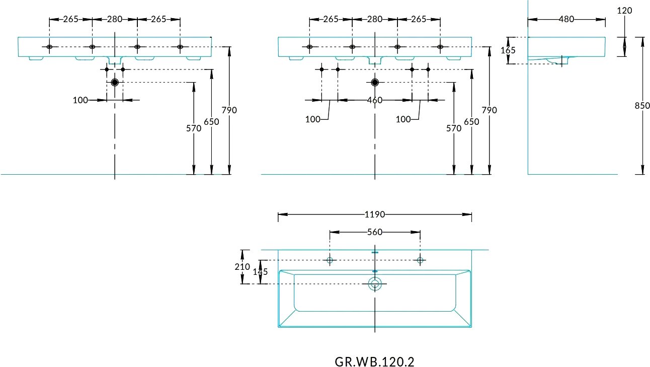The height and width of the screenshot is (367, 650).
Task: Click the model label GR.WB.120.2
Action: click(x=374, y=362)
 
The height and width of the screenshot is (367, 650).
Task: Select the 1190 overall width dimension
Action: click(x=375, y=214)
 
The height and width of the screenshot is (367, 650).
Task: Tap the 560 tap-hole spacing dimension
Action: click(x=375, y=232)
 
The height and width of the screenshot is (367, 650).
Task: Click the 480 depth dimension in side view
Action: click(x=566, y=19)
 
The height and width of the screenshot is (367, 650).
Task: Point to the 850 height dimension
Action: click(x=642, y=106)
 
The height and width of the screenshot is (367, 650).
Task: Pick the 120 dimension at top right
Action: click(x=624, y=11)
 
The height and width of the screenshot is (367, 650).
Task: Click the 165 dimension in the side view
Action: click(x=508, y=50)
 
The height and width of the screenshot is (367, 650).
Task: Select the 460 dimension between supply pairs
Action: click(x=375, y=100)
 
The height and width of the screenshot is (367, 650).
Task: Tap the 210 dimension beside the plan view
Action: click(x=242, y=266)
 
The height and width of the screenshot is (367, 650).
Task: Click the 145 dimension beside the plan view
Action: click(x=260, y=272)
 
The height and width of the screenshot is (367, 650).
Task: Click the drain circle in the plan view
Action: click(x=375, y=283)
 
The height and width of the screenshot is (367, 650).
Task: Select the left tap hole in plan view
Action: click(x=330, y=260)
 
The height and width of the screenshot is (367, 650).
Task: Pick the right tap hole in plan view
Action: click(x=420, y=260)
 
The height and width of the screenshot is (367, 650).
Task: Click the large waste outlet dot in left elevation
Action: click(x=115, y=83)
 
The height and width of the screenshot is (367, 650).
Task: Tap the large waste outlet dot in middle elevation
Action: click(x=375, y=83)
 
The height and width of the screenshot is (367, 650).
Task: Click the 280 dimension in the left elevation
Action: click(x=115, y=19)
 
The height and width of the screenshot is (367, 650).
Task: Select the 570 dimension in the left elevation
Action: click(x=194, y=128)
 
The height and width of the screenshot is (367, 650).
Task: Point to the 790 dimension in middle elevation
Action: click(x=489, y=110)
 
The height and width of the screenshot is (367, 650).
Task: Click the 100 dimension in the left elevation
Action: click(x=80, y=100)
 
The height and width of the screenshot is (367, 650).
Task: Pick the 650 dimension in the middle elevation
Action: click(x=471, y=122)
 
